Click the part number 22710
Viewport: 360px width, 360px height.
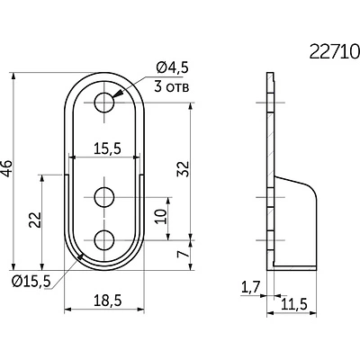click(x=334, y=51)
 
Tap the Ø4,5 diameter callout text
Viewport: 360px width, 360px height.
click(x=173, y=67)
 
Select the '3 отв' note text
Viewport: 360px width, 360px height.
click(x=172, y=86)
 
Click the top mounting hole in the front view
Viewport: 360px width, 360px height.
click(x=104, y=103)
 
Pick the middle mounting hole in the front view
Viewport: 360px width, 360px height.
click(x=104, y=197)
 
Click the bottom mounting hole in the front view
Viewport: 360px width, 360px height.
click(x=104, y=240)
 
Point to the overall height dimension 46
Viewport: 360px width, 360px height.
click(x=6, y=168)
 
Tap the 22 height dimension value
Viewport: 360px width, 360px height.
click(x=35, y=220)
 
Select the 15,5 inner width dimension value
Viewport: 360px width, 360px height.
click(x=107, y=148)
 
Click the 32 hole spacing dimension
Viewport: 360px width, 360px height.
click(x=184, y=169)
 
